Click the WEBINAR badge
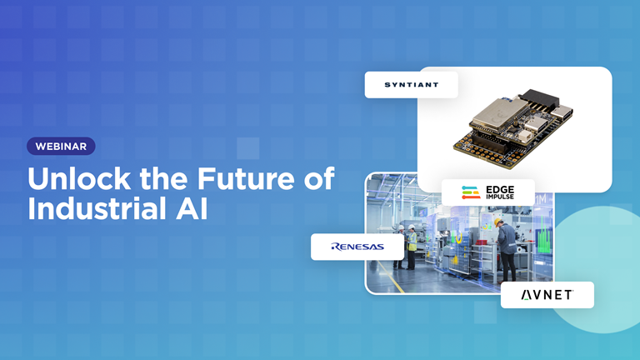tap(61, 146)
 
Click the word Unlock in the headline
tap(79, 179)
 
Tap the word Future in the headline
tap(246, 179)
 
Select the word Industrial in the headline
tap(97, 209)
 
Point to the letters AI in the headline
tap(192, 209)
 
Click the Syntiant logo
tap(412, 85)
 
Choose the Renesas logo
tap(357, 247)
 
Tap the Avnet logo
tap(547, 295)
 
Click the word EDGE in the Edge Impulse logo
tap(500, 190)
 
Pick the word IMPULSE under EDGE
tap(500, 197)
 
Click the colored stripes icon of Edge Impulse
tap(471, 192)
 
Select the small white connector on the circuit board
tap(530, 138)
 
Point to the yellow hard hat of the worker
tap(498, 222)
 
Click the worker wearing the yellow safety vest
tap(412, 247)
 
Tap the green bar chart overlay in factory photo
tap(542, 237)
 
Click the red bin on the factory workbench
tap(482, 242)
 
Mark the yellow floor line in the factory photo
tap(391, 277)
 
